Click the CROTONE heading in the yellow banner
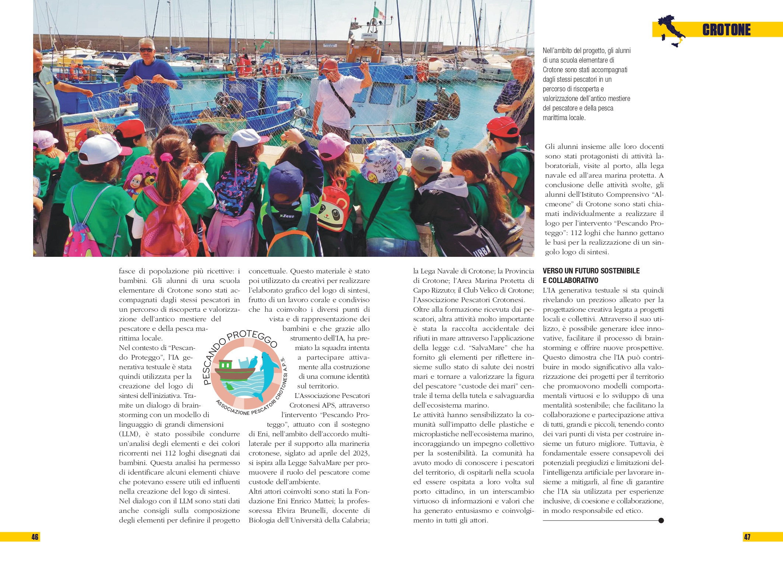726,30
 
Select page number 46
35,537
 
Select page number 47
747,537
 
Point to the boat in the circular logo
234,371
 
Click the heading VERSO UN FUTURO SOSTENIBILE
591,271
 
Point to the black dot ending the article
661,520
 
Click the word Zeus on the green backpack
288,216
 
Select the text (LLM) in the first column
129,434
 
